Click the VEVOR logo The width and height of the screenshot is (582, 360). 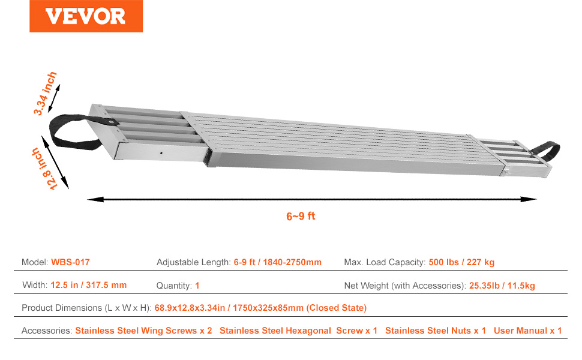86,16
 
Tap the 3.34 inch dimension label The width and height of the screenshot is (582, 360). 45,93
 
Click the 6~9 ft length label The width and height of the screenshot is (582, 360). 301,216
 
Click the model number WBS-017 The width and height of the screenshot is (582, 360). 71,262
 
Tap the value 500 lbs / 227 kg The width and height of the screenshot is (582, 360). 461,262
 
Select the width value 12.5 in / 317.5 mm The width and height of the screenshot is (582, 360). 89,285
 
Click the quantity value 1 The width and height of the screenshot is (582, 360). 197,286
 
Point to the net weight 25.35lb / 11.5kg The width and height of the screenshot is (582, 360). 502,286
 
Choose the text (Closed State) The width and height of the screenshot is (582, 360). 336,308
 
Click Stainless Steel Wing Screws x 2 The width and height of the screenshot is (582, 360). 143,331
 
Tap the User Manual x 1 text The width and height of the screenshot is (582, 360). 528,331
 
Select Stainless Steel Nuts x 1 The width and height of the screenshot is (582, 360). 436,331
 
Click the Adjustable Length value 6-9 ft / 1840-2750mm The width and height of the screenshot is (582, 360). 278,262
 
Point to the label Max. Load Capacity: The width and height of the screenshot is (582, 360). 385,262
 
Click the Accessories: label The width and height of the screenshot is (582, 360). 47,331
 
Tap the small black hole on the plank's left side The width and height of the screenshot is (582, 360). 161,153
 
